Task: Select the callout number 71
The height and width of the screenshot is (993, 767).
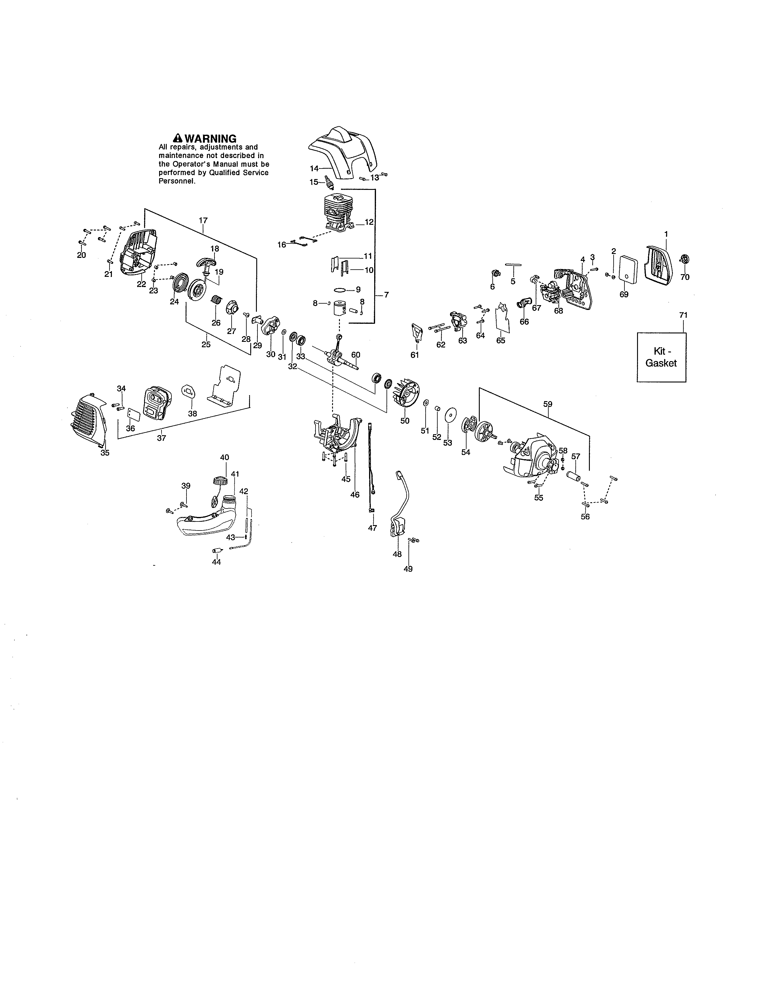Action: pos(683,315)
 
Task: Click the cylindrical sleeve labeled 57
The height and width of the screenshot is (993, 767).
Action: pos(574,478)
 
